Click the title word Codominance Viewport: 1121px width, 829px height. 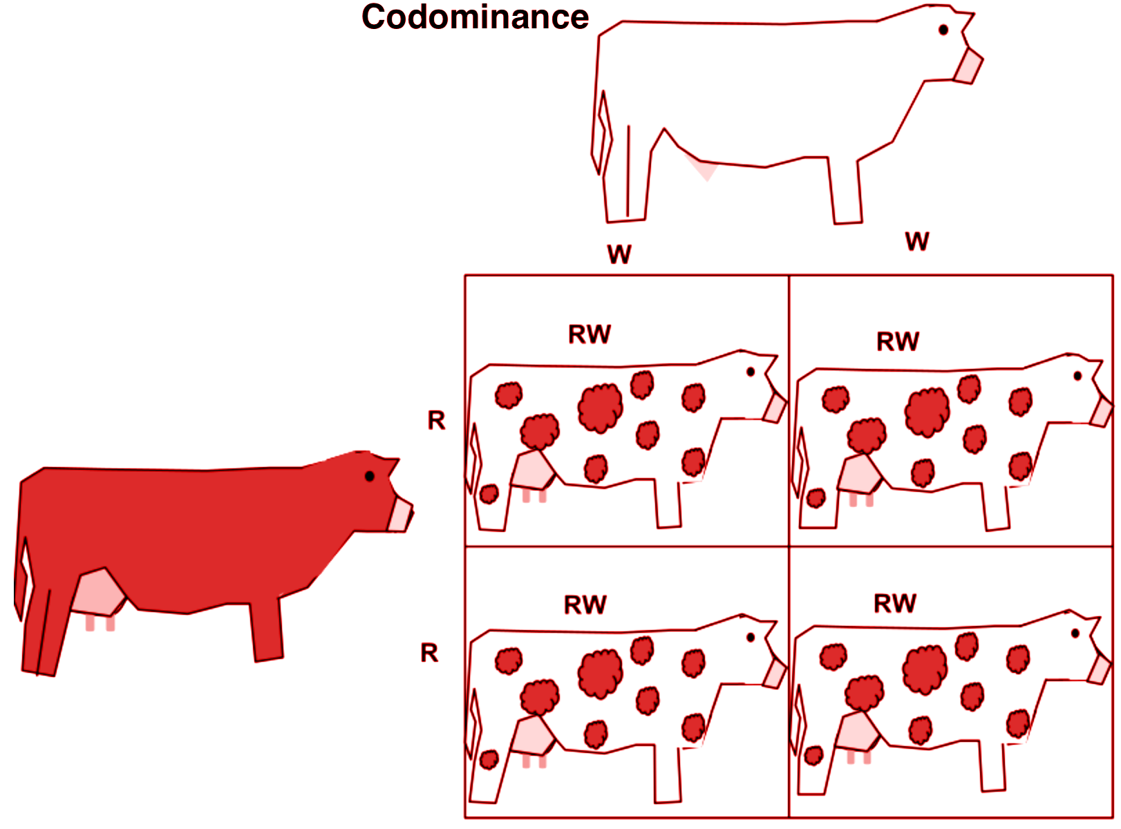click(475, 17)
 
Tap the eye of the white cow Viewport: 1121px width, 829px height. click(943, 30)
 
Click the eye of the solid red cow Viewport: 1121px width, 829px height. click(370, 476)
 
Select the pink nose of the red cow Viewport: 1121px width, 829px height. click(399, 515)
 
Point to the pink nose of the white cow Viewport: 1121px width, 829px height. click(968, 66)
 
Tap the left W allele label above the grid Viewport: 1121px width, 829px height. click(619, 254)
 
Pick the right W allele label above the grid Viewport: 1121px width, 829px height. click(917, 242)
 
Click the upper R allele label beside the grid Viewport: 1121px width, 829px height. click(436, 420)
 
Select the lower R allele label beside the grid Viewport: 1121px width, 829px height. click(429, 653)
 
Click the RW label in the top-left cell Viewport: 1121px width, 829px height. click(590, 334)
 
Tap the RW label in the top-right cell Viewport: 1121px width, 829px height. click(898, 341)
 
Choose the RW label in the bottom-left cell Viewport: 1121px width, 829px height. click(585, 605)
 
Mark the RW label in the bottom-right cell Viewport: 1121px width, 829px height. click(895, 603)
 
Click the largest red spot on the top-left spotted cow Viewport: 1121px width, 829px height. click(600, 408)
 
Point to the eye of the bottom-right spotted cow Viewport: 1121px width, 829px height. click(1075, 633)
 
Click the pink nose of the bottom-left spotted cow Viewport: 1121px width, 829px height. click(775, 673)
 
